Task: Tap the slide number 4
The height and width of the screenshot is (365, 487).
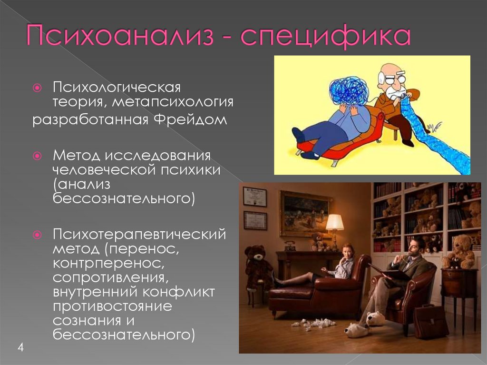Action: [20, 346]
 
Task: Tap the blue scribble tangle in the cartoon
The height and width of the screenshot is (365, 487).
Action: [349, 90]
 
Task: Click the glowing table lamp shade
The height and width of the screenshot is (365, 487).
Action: [335, 222]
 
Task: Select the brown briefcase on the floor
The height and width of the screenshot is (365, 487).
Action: [430, 321]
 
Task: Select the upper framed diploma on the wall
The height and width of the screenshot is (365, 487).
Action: [254, 196]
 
